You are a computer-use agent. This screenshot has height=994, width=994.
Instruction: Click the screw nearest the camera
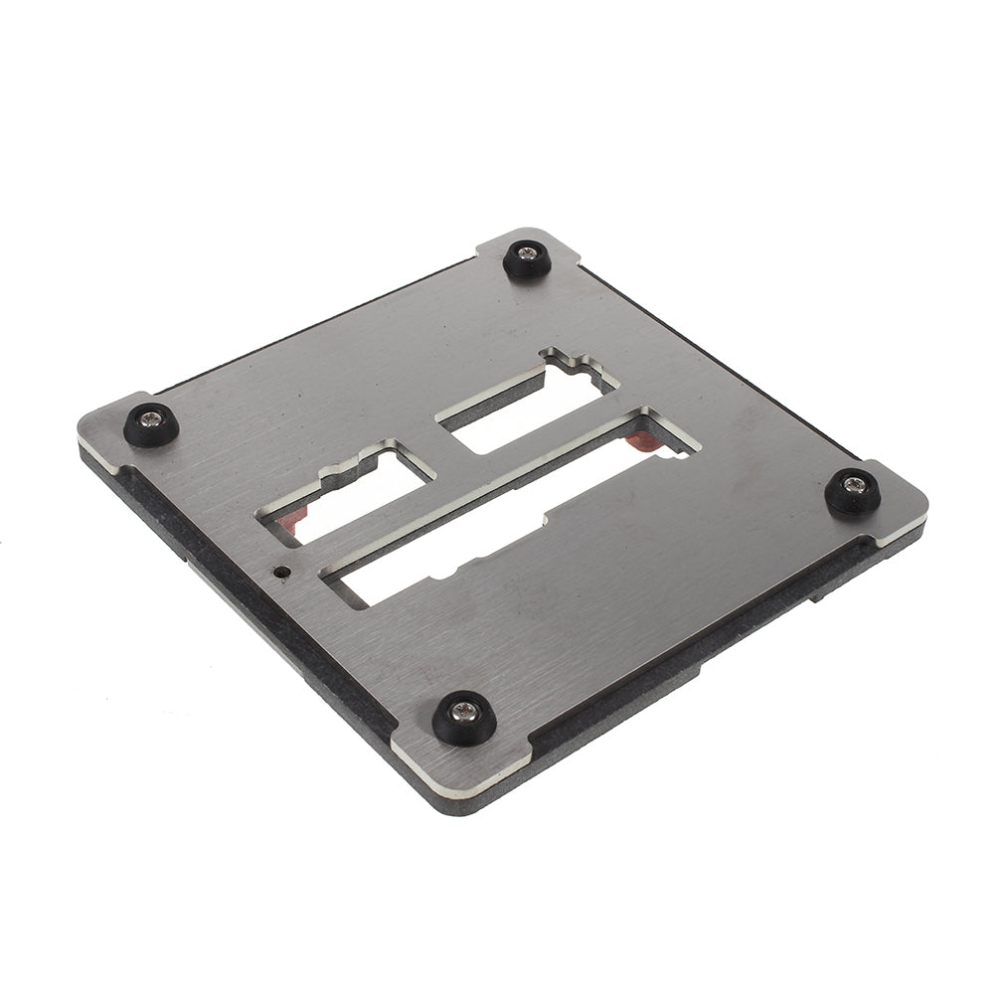click(463, 712)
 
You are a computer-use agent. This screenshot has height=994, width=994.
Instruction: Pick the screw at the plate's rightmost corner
click(853, 485)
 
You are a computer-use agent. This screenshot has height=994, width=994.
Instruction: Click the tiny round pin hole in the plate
click(281, 572)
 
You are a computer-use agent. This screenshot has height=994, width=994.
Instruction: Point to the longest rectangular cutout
click(497, 517)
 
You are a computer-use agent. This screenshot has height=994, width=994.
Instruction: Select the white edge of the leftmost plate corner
click(99, 452)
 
